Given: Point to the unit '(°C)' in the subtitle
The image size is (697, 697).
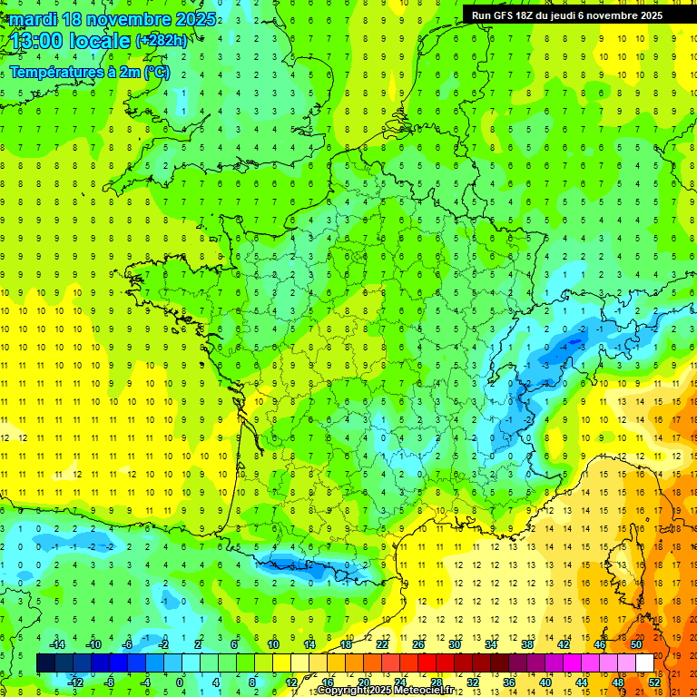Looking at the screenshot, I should click(155, 72).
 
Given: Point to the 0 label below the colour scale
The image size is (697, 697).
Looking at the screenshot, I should click(180, 682).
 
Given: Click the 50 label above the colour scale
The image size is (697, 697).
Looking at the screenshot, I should click(636, 644).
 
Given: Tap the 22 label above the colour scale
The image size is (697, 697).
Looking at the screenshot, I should click(382, 644).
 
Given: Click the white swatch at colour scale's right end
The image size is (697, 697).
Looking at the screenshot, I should click(645, 663).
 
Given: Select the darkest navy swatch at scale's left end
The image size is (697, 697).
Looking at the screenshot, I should click(45, 663).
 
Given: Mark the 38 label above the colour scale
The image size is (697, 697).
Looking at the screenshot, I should click(527, 644).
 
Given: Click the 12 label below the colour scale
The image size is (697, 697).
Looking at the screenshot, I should click(291, 682).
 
